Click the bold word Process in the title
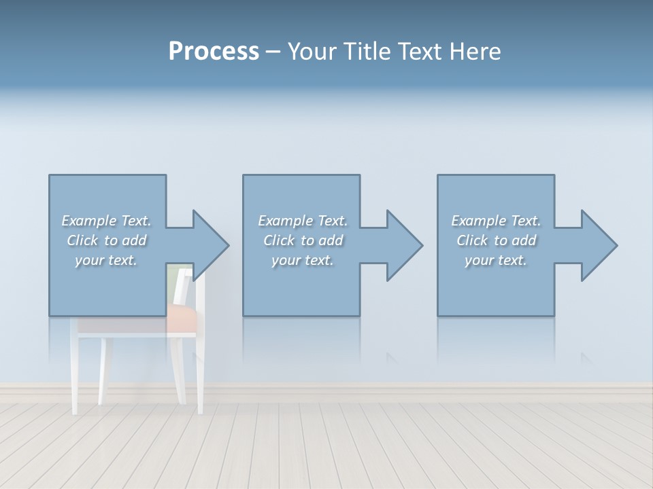pos(214,52)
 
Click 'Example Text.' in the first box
pos(106,221)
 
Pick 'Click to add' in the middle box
pos(303,240)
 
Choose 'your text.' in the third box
pos(496,260)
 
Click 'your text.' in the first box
pos(106,260)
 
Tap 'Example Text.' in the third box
pos(496,221)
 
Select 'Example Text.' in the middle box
pos(303,221)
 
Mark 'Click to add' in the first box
pos(106,240)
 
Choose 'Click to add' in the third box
pos(496,240)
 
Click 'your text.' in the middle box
pos(303,260)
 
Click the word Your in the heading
pos(312,52)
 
